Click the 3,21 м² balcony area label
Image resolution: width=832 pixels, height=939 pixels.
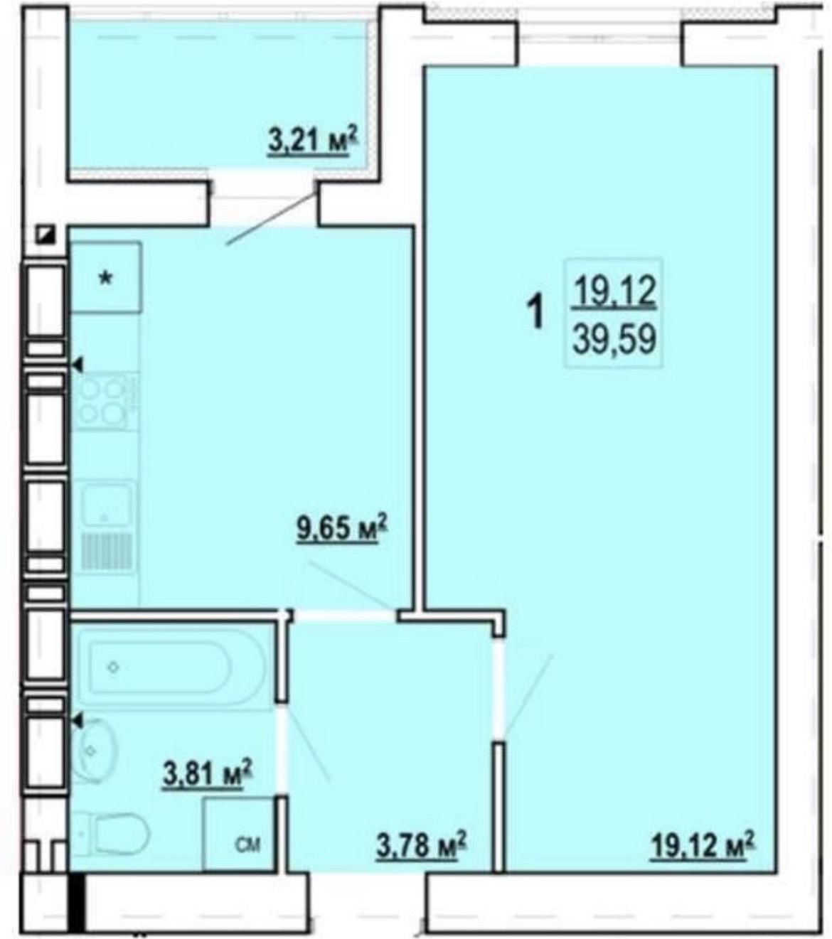coord(314,141)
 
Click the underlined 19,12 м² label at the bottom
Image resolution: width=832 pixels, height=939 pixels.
coord(703,846)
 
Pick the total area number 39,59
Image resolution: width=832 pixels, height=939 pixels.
coord(614,339)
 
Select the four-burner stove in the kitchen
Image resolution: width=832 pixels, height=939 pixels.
coord(105,402)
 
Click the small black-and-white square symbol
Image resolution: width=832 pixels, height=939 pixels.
coord(48,235)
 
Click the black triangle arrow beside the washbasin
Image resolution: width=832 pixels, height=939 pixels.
coord(78,720)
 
